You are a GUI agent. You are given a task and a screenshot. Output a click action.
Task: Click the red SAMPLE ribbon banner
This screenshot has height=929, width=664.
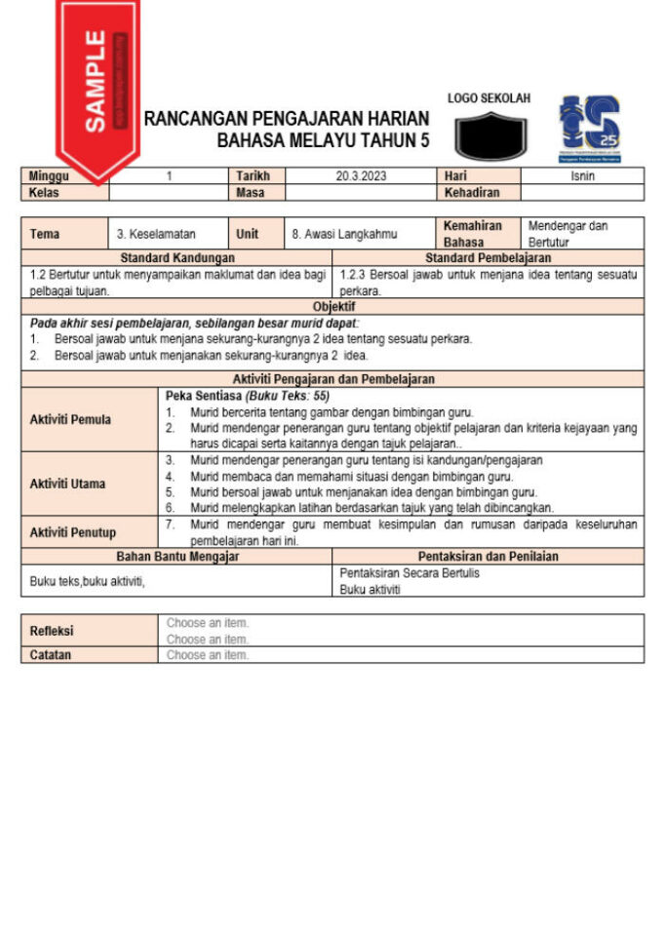tap(97, 83)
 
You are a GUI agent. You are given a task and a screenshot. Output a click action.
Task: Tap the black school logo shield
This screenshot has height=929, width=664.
tap(490, 135)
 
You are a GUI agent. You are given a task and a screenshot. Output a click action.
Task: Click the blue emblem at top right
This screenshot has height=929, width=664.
tap(589, 128)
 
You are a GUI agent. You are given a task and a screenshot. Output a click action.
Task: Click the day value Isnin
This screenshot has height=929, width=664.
tap(582, 176)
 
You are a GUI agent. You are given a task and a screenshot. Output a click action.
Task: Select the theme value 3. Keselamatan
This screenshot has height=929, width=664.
tap(156, 234)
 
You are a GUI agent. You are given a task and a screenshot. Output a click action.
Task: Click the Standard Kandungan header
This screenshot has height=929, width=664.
tap(176, 258)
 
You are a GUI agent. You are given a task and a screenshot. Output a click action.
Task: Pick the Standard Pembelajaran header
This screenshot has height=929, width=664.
tap(488, 258)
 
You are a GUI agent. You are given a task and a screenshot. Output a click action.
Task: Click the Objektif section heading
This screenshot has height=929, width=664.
tap(333, 306)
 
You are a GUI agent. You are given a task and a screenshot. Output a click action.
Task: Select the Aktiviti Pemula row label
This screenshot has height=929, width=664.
tap(70, 420)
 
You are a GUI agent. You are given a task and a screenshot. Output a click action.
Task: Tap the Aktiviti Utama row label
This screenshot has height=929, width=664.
tap(67, 484)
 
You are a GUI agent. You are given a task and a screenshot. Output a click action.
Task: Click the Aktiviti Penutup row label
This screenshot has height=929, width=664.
tap(72, 532)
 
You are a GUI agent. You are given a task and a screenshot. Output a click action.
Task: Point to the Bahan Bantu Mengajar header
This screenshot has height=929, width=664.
tap(176, 557)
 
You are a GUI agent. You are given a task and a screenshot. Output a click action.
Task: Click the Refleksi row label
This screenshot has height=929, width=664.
tap(51, 631)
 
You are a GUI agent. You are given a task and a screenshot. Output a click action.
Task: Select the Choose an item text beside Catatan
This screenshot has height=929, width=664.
tap(207, 655)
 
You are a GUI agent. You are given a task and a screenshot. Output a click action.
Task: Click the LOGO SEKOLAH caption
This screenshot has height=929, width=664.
tap(488, 98)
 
